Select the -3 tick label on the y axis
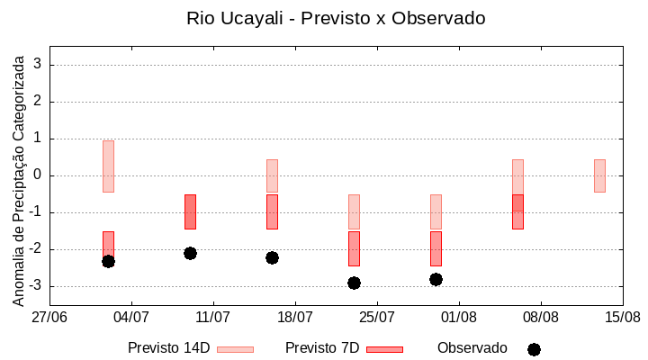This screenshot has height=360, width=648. click(x=36, y=286)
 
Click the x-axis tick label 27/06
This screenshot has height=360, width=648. click(x=49, y=318)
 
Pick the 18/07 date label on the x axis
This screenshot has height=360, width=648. click(x=295, y=318)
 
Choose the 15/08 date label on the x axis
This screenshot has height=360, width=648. click(x=622, y=318)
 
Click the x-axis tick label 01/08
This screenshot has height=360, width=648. click(x=459, y=318)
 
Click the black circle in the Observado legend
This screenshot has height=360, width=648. click(x=534, y=349)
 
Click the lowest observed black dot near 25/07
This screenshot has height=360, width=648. click(x=354, y=283)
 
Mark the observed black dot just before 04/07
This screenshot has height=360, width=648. click(x=108, y=261)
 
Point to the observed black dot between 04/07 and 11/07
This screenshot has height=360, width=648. click(x=190, y=253)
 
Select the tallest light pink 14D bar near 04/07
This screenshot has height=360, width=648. click(x=108, y=166)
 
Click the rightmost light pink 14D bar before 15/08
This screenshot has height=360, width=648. click(x=599, y=175)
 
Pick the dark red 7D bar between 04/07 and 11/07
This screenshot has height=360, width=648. click(x=190, y=211)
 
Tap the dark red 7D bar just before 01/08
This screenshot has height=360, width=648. click(x=436, y=248)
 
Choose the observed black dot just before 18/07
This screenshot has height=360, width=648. click(x=272, y=257)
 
